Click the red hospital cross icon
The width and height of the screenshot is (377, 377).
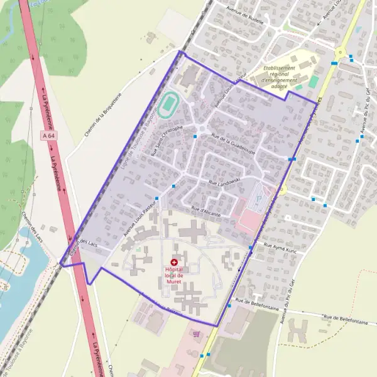coord(174,262)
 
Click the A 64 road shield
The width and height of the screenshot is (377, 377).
coord(48,136)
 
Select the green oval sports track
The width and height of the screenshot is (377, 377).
coord(167,105)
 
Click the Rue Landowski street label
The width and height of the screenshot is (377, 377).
coord(225,182)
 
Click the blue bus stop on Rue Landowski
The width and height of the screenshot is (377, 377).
coord(174,185)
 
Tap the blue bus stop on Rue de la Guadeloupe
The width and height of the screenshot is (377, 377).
coord(195,136)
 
